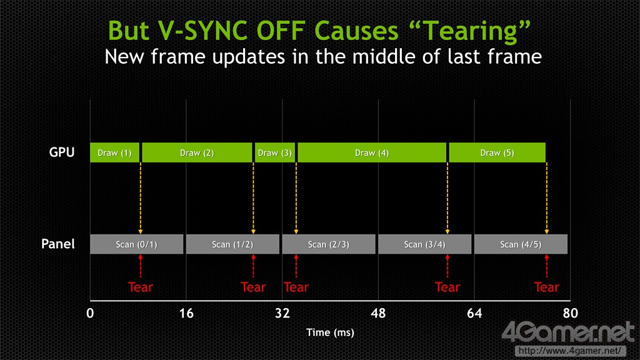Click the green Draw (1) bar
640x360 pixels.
(x=115, y=152)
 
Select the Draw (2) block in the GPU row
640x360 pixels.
(x=197, y=152)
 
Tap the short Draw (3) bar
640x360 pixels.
(x=275, y=152)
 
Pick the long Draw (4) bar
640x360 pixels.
(x=372, y=152)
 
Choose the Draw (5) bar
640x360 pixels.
(x=497, y=152)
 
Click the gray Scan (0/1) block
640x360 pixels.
(x=137, y=244)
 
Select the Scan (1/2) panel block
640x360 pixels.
(x=232, y=244)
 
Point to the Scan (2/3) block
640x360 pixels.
(x=329, y=244)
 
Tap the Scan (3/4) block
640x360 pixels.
(x=425, y=244)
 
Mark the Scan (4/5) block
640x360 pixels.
(x=521, y=244)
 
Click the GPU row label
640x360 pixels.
(x=62, y=152)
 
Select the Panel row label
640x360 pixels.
(x=58, y=244)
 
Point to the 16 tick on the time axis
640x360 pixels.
(x=186, y=314)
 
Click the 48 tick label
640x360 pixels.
(x=378, y=314)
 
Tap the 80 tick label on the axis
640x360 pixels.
(x=570, y=314)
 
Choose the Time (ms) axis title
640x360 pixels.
(x=330, y=332)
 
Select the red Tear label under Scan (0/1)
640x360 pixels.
(x=141, y=287)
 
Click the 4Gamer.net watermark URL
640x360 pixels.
(x=570, y=351)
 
